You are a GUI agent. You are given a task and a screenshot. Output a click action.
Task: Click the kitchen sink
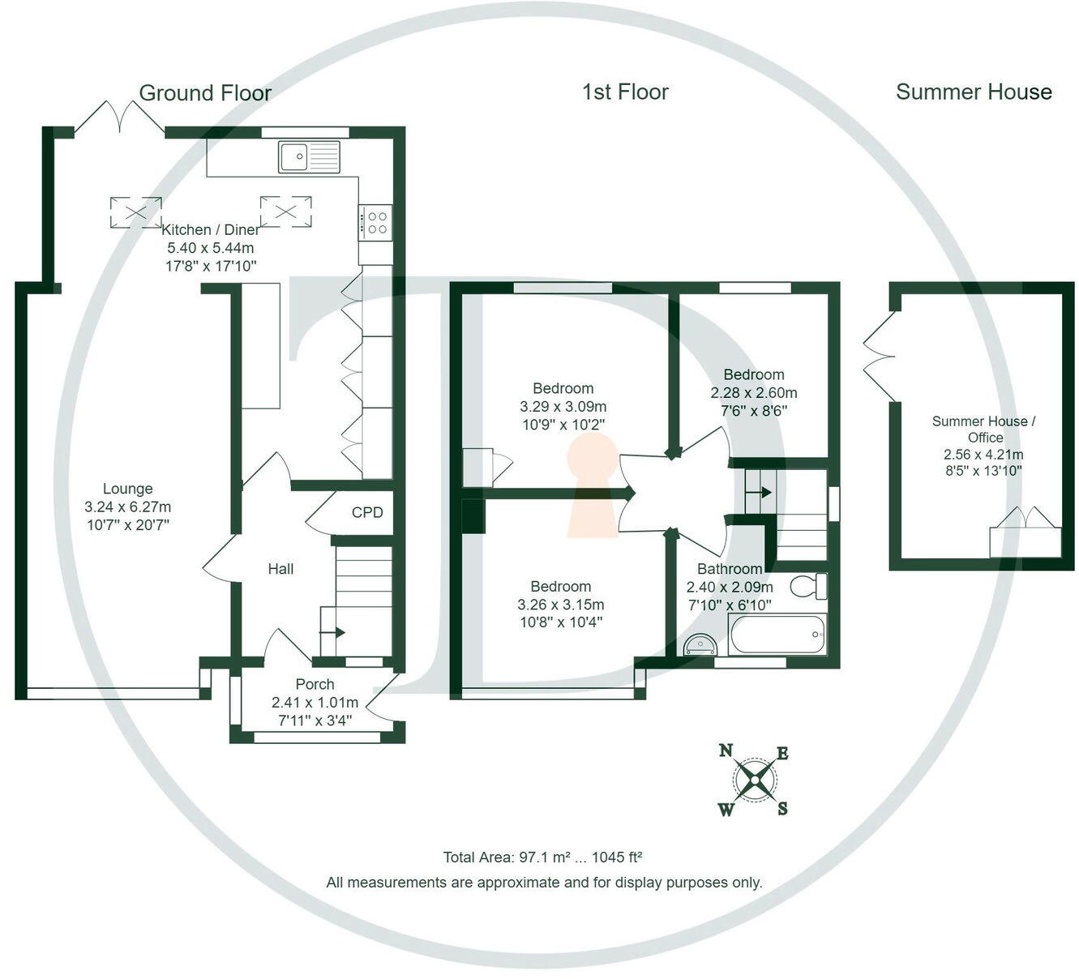tap(310, 156)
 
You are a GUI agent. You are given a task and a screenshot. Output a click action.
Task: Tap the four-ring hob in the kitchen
tap(376, 223)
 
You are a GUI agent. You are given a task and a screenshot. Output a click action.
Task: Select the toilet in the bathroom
tap(807, 586)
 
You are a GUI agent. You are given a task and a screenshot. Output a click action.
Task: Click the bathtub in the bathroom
tap(777, 635)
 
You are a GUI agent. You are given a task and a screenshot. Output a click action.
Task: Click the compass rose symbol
tap(755, 780)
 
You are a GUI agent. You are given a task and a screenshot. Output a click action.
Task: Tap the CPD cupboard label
tap(367, 512)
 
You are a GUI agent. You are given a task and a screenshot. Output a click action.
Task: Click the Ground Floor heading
tap(205, 93)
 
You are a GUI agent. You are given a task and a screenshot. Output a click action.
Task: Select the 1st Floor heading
tap(625, 92)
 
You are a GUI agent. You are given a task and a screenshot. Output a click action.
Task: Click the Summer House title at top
tap(973, 92)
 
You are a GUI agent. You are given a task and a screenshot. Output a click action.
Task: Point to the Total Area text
tap(542, 857)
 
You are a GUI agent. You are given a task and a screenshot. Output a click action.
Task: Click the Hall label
tap(280, 569)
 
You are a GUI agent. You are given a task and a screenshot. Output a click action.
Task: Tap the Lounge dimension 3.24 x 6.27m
tap(128, 507)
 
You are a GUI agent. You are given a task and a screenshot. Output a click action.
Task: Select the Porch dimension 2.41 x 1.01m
tap(315, 702)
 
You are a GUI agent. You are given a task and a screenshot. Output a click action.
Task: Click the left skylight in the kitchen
tap(135, 212)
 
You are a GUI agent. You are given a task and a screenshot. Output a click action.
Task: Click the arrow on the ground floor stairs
tap(334, 632)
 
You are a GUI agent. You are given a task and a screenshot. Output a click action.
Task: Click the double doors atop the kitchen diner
tap(120, 118)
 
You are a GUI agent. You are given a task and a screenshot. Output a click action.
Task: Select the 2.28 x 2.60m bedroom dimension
tap(754, 392)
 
